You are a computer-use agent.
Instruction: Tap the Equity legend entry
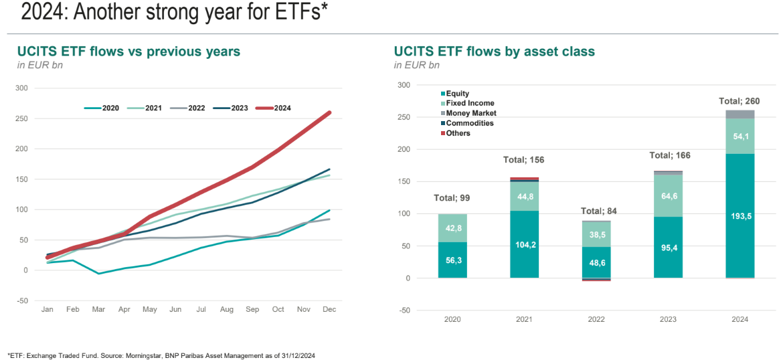[458, 94]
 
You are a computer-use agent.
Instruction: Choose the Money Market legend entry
[472, 113]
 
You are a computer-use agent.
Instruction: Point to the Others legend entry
[458, 133]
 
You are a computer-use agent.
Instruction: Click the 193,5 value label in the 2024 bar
[739, 215]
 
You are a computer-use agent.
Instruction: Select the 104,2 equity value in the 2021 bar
[525, 246]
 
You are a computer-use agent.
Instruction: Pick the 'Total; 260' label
[739, 101]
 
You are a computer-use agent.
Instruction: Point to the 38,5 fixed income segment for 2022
[596, 236]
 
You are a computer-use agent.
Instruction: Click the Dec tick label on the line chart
[329, 309]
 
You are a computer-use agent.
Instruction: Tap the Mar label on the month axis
[98, 309]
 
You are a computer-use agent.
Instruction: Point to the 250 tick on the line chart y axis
[22, 118]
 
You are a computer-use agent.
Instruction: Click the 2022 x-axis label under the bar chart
[596, 319]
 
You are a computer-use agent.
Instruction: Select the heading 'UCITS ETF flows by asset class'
[495, 52]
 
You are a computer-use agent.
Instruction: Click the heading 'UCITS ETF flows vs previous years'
[128, 52]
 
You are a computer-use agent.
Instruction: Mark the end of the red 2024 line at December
[329, 112]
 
